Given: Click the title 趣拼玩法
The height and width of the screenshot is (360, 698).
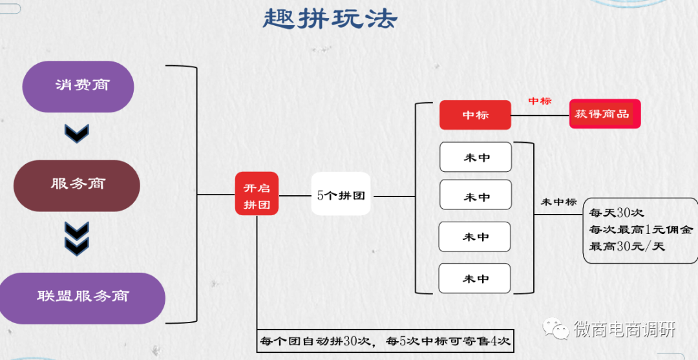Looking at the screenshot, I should [x=330, y=19].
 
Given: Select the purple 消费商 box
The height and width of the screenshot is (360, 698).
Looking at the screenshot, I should [x=78, y=86].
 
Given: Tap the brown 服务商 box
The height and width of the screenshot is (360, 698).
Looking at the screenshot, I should [x=77, y=185].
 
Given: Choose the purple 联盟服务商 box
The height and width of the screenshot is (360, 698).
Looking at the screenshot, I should [x=83, y=297].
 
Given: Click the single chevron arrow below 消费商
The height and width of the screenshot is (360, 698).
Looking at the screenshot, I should [x=77, y=133].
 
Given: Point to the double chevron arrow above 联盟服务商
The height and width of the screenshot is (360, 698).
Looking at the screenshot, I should [x=77, y=237].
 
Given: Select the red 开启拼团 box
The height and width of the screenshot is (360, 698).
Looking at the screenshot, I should [x=257, y=195].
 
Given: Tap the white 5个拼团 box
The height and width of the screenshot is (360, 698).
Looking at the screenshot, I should [x=341, y=195].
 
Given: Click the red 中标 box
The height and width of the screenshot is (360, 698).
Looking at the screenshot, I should [x=475, y=115].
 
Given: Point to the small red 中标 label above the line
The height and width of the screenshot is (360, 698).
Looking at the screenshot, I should [x=540, y=101].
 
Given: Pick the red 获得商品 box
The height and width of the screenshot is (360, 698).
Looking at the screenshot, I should [x=604, y=114].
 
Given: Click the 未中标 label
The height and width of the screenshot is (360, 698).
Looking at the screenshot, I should [x=558, y=202].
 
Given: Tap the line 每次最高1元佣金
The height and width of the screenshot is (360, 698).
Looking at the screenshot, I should [x=640, y=229].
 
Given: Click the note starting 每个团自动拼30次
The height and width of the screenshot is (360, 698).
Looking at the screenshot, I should [x=385, y=341].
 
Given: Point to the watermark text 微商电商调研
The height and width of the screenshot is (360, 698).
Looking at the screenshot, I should [x=624, y=329].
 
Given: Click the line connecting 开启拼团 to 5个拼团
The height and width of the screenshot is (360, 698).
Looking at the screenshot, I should [x=295, y=195].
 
